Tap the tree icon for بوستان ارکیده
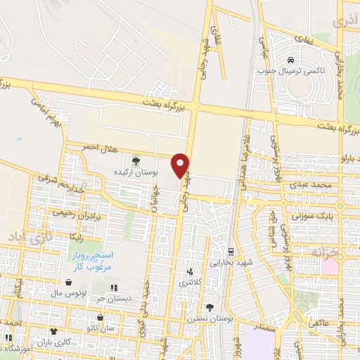click(136, 161)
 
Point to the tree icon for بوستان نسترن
click(209, 307)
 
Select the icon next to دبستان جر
click(114, 288)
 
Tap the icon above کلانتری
click(189, 271)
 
